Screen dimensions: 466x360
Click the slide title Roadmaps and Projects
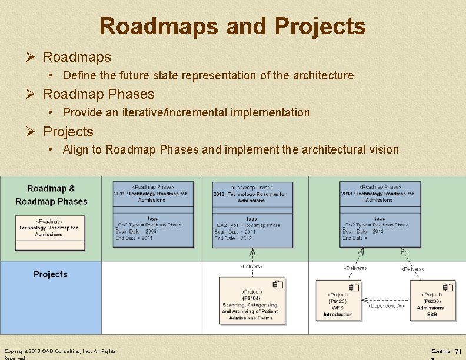(232, 26)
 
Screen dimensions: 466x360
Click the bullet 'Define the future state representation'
(208, 75)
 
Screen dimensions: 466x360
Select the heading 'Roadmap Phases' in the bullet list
(99, 94)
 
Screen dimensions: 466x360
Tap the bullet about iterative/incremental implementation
(186, 112)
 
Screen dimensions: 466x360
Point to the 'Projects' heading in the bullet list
(68, 132)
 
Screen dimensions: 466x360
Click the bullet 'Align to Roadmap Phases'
(231, 149)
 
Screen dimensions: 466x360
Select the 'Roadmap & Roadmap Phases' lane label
(51, 195)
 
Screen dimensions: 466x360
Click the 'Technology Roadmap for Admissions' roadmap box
(48, 228)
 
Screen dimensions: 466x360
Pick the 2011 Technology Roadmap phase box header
(153, 193)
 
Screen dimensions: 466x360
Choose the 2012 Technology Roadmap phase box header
(252, 194)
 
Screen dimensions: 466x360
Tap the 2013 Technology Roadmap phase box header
(380, 193)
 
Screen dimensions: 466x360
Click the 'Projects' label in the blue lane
(51, 274)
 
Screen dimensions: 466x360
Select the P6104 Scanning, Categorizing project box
(251, 301)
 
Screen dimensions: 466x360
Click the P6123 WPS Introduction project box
(338, 301)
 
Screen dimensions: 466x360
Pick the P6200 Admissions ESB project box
(432, 301)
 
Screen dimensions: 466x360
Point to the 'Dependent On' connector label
(386, 306)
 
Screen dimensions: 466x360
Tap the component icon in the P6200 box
(449, 287)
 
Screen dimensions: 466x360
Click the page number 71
(458, 351)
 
